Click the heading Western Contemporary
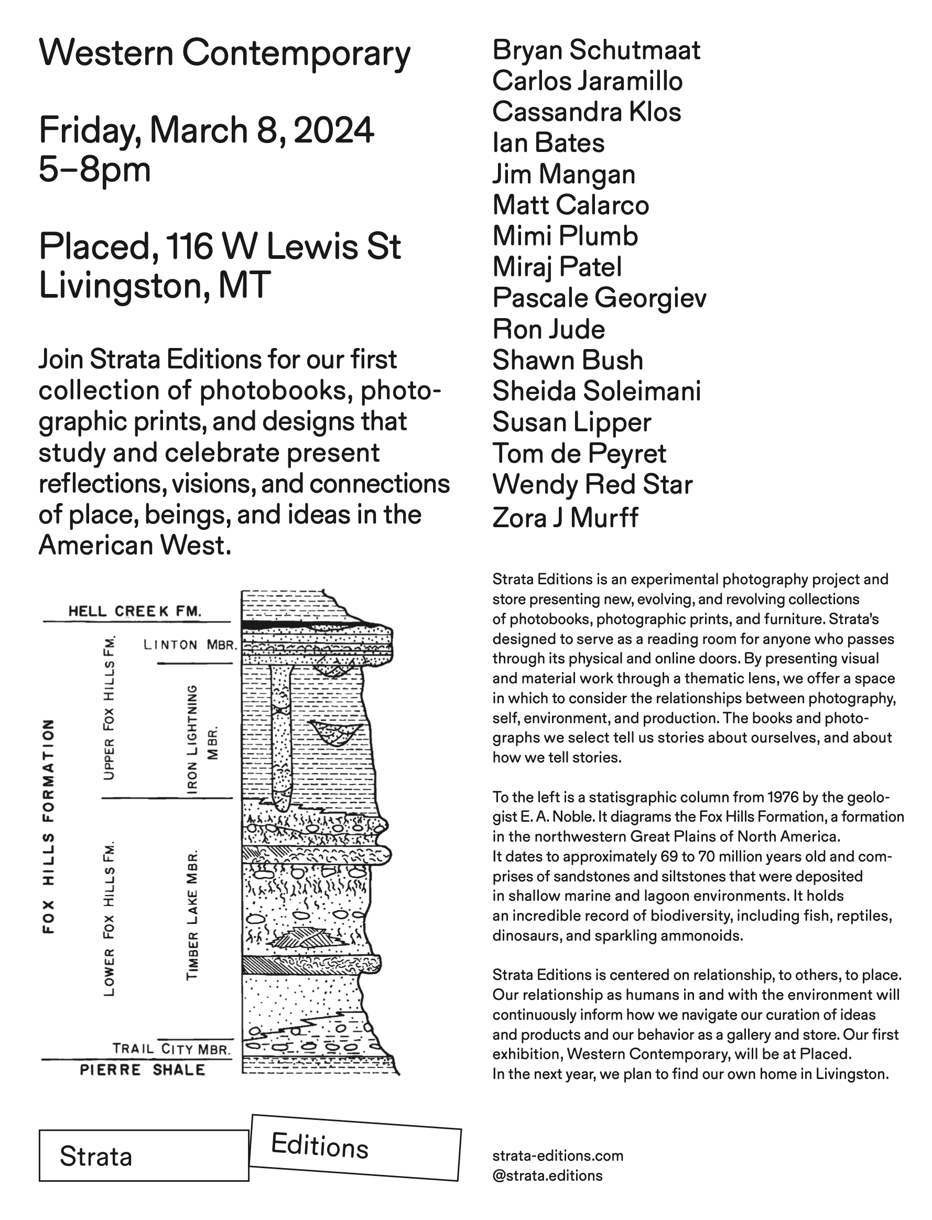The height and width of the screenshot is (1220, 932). pos(224,55)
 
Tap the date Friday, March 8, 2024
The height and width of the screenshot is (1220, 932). pos(206,131)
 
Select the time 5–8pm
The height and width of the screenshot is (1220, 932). pos(94,170)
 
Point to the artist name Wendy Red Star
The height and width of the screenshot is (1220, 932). pos(592,485)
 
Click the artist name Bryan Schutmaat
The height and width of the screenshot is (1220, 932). pos(596,50)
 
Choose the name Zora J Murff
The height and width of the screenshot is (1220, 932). pos(565,518)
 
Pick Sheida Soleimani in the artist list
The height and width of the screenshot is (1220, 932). pos(597,391)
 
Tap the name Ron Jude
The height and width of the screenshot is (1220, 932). pos(548,330)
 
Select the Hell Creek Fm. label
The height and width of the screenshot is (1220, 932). pos(134,612)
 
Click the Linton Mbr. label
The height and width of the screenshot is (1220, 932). pos(190,645)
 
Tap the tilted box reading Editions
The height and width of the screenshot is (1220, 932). pos(355,1147)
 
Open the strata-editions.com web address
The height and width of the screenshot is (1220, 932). pos(558,1156)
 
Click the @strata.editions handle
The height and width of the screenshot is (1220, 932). pos(547,1175)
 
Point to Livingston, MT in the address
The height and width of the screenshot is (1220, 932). pos(154,286)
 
